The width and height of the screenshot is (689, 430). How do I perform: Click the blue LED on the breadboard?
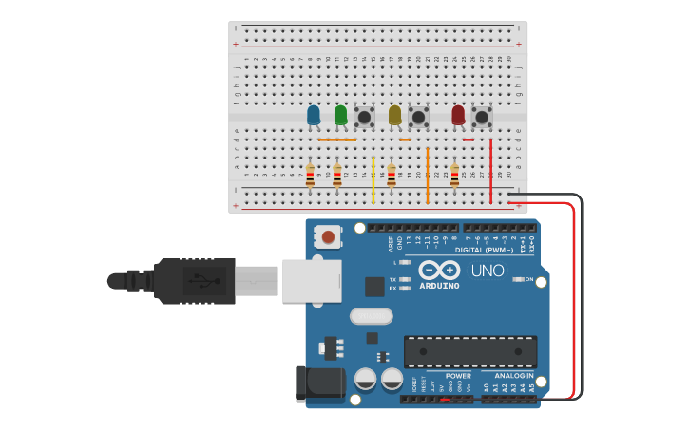[x=314, y=116]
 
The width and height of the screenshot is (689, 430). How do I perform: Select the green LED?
[x=340, y=116]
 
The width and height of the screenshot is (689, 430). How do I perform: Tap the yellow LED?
[x=394, y=116]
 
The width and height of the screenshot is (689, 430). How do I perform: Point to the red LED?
[x=458, y=115]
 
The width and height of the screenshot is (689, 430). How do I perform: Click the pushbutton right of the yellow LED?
[x=418, y=117]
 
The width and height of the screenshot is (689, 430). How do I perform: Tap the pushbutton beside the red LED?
[x=482, y=116]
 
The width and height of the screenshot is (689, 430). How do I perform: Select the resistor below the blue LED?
[x=310, y=175]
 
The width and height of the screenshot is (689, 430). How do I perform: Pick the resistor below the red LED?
[x=454, y=175]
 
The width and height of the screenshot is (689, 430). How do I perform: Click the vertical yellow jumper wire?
[x=373, y=179]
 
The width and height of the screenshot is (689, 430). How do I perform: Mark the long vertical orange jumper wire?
[x=428, y=175]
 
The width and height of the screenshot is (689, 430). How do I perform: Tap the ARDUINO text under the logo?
[x=439, y=286]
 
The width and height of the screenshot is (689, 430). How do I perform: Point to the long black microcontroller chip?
[x=469, y=350]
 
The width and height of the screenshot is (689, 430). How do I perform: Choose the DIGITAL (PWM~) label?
[x=485, y=250]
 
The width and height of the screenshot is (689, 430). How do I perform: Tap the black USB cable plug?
[x=195, y=281]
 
